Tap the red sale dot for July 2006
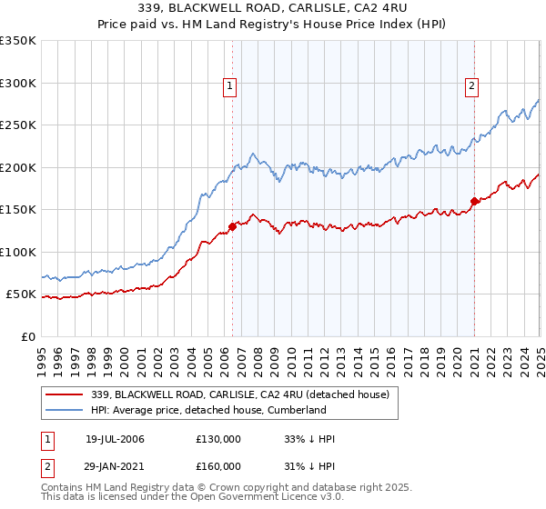point(232,226)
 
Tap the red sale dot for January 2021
point(474,201)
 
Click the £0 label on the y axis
point(29,336)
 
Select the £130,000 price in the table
point(218,439)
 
